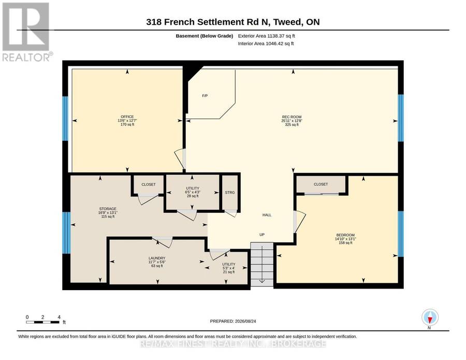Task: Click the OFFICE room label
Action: coord(127,117)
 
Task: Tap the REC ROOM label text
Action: coord(292,117)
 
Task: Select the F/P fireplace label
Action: coord(205,96)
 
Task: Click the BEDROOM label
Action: coord(345,235)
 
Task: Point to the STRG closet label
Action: coord(230,192)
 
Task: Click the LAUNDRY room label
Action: coord(157,258)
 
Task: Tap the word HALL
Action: coord(267,215)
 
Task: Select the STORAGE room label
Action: coord(108,209)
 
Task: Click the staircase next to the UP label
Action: coord(262,264)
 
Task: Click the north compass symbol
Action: coord(430,318)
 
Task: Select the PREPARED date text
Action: coord(233,321)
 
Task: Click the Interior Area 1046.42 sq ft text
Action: coord(266,44)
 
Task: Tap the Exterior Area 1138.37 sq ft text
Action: coord(266,36)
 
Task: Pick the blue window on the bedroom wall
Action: coord(401,234)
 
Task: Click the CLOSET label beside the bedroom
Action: coord(321,184)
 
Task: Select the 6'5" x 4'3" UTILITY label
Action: coord(193,192)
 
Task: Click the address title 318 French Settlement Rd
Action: coord(233,22)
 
